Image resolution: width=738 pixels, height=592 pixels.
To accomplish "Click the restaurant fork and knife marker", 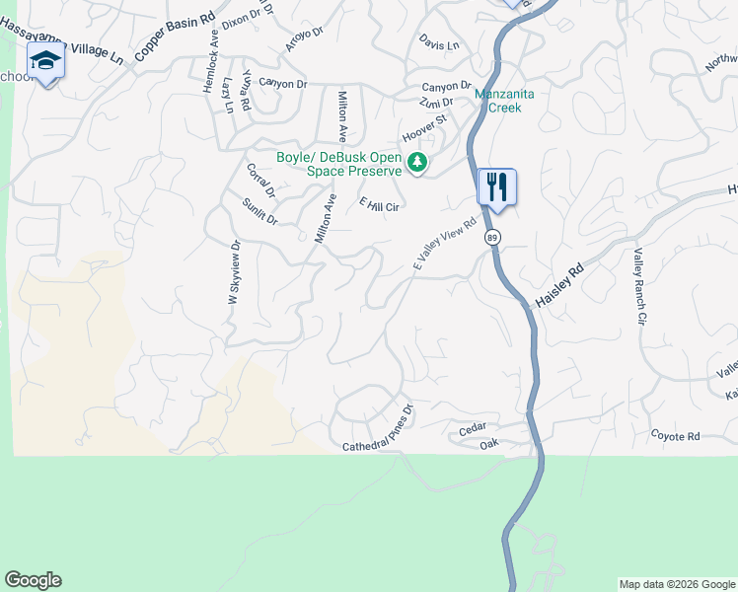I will [497, 186].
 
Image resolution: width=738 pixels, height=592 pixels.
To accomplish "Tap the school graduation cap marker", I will [44, 61].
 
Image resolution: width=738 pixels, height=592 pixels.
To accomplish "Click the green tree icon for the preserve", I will [417, 162].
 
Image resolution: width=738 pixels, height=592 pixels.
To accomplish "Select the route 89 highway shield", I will [492, 237].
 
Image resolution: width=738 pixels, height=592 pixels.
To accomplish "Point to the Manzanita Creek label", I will [504, 101].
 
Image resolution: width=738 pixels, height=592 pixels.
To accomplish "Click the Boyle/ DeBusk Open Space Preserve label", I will [338, 163].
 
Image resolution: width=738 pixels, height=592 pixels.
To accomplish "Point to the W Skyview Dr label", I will [235, 278].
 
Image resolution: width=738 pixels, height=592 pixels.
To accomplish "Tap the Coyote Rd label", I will [675, 436].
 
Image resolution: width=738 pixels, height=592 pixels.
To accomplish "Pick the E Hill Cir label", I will [379, 204].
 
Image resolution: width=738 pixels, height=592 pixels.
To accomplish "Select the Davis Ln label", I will [439, 45].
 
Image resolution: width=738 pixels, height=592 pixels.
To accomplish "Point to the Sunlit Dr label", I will [259, 210].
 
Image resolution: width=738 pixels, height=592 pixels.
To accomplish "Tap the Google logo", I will [33, 580].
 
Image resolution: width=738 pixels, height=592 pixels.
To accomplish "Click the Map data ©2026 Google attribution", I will [677, 584].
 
